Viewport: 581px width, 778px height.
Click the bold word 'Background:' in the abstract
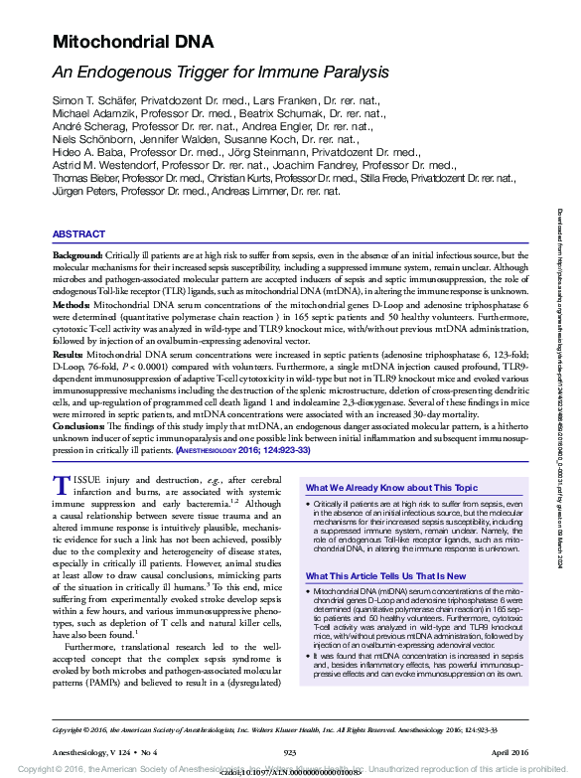point(76,256)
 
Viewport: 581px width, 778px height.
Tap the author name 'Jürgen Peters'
point(83,191)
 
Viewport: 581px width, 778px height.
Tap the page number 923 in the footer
point(291,753)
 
